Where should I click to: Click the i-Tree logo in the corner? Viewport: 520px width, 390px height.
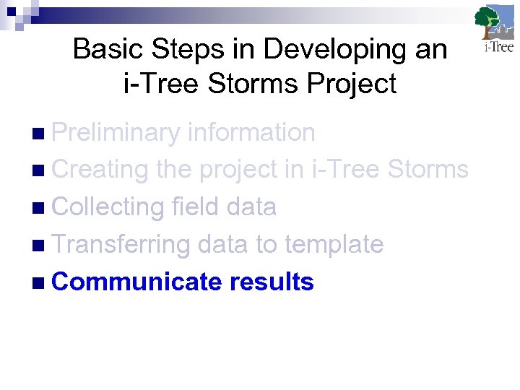[x=494, y=30]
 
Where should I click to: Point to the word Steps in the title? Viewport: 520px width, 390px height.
[x=173, y=50]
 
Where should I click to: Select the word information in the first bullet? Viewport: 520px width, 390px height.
[x=251, y=132]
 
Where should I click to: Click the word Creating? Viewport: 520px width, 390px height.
[x=100, y=170]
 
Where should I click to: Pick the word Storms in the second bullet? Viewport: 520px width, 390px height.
[x=428, y=170]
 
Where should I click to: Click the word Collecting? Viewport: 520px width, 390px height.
[x=108, y=207]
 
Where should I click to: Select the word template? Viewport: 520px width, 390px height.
[x=334, y=245]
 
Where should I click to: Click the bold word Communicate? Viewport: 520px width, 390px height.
[x=136, y=282]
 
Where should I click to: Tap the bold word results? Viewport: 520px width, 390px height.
[x=272, y=282]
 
